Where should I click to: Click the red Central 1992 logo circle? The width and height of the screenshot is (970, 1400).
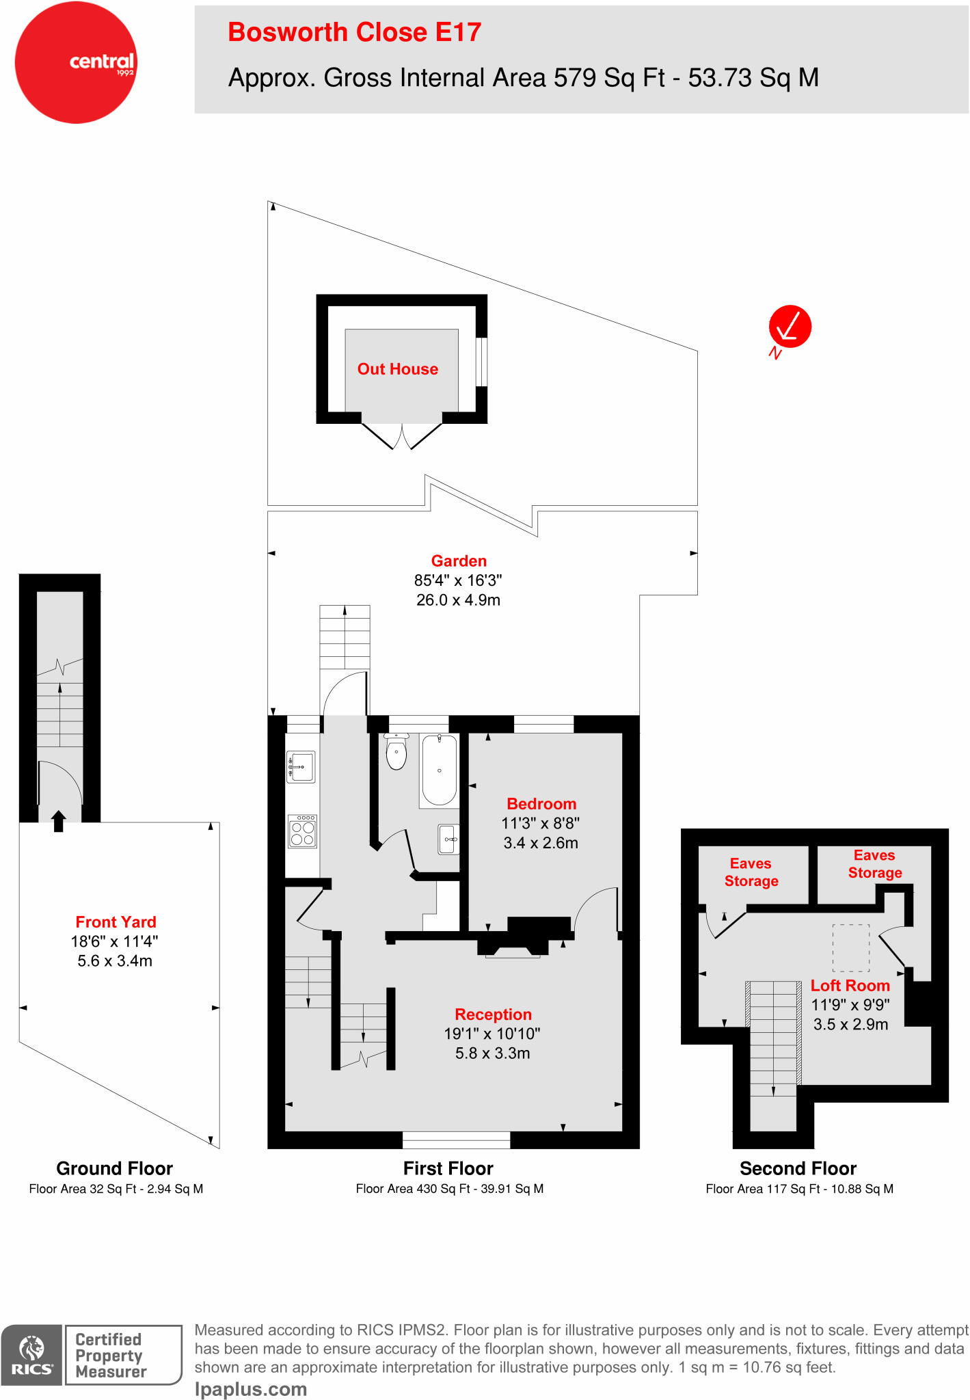point(76,63)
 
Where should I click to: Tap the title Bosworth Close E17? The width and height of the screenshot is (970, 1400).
point(354,32)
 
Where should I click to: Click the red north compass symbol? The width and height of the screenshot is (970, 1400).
point(790,327)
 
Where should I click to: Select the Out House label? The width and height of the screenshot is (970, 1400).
point(397,369)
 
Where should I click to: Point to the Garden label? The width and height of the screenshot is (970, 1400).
point(459,561)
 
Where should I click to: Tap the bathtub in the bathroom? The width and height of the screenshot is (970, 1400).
point(439,770)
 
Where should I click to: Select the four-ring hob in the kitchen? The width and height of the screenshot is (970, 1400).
point(302,831)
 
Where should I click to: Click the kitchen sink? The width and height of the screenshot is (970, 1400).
point(301,767)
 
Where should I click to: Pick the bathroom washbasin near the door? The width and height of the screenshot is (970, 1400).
point(449,839)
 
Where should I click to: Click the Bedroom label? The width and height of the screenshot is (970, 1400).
point(541,804)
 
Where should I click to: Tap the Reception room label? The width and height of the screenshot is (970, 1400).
point(493,1014)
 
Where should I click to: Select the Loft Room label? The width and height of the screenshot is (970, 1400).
point(850,986)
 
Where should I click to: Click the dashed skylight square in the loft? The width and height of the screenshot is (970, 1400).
point(850,947)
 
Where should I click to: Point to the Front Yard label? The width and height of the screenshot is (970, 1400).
point(116,922)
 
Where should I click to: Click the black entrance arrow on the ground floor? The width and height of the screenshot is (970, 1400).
point(59,820)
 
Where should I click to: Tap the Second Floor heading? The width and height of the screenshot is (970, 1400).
point(798,1168)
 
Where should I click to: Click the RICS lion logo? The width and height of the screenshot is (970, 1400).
point(31,1354)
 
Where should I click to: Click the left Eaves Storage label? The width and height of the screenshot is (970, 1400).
point(751,872)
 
